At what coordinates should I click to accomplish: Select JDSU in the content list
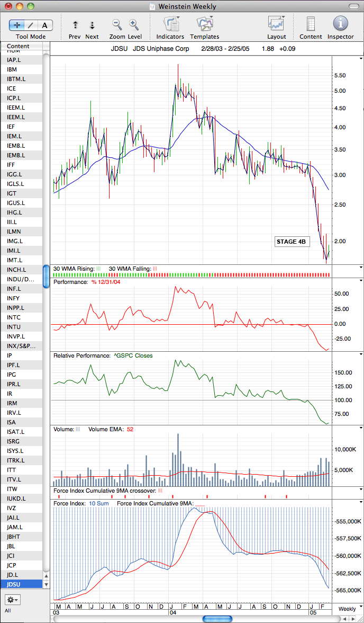click(x=14, y=584)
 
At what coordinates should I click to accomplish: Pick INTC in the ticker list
click(x=14, y=317)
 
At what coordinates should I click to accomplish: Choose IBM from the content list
click(x=12, y=69)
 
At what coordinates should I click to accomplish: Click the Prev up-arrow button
click(x=75, y=25)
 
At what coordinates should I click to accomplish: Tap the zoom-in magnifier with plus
click(x=134, y=24)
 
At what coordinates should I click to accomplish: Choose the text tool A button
click(x=45, y=25)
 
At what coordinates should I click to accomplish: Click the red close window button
click(x=8, y=6)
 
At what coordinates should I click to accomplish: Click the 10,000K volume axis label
click(x=344, y=449)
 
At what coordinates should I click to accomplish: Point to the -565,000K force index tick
click(x=347, y=591)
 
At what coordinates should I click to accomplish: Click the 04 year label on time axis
click(x=173, y=613)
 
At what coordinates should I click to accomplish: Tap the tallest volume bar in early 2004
click(x=178, y=460)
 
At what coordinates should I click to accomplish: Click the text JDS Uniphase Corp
click(x=161, y=49)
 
